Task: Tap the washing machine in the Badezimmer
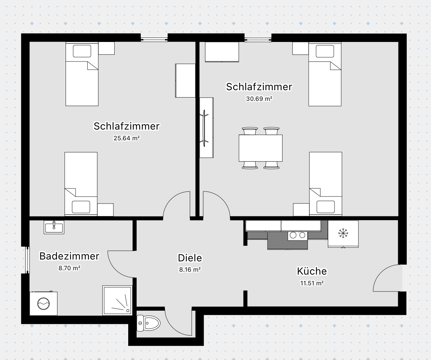click(43, 303)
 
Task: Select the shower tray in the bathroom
click(117, 300)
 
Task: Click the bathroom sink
click(54, 227)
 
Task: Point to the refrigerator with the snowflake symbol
click(343, 233)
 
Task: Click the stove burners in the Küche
click(297, 235)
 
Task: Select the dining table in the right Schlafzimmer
click(260, 148)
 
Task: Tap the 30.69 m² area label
click(259, 99)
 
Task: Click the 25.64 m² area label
click(126, 138)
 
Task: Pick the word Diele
click(190, 258)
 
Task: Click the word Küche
click(312, 271)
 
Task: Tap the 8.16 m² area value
click(190, 269)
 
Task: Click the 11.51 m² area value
click(312, 283)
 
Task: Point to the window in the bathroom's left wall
click(27, 260)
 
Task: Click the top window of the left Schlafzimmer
click(154, 38)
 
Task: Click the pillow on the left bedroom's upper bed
click(82, 51)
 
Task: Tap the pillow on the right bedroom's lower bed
click(326, 207)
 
